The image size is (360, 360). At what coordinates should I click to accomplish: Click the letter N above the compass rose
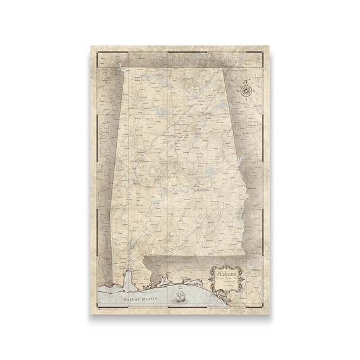tap(246, 80)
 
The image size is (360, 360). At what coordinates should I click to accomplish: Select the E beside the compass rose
tap(255, 90)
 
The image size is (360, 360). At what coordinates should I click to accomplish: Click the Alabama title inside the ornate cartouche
tap(224, 275)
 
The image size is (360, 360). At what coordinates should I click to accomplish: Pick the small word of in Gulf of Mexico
tap(135, 296)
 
